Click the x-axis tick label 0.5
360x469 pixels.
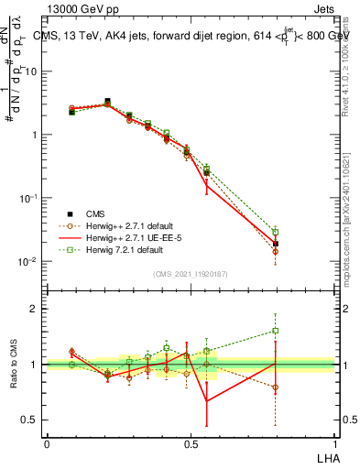point(191,443)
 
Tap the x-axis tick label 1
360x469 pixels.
point(333,443)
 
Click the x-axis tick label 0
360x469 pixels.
point(47,443)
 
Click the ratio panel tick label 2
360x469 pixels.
point(35,309)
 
